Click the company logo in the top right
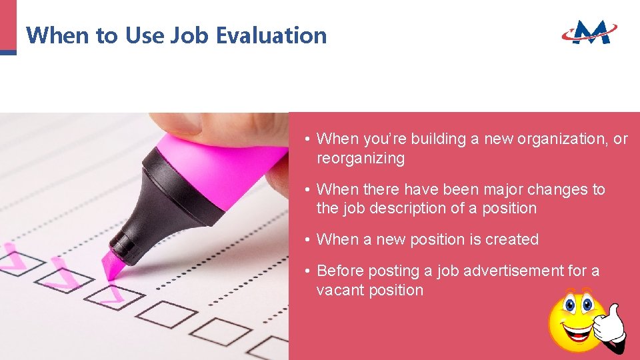(589, 31)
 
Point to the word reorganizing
(360, 159)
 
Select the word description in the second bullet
(404, 209)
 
